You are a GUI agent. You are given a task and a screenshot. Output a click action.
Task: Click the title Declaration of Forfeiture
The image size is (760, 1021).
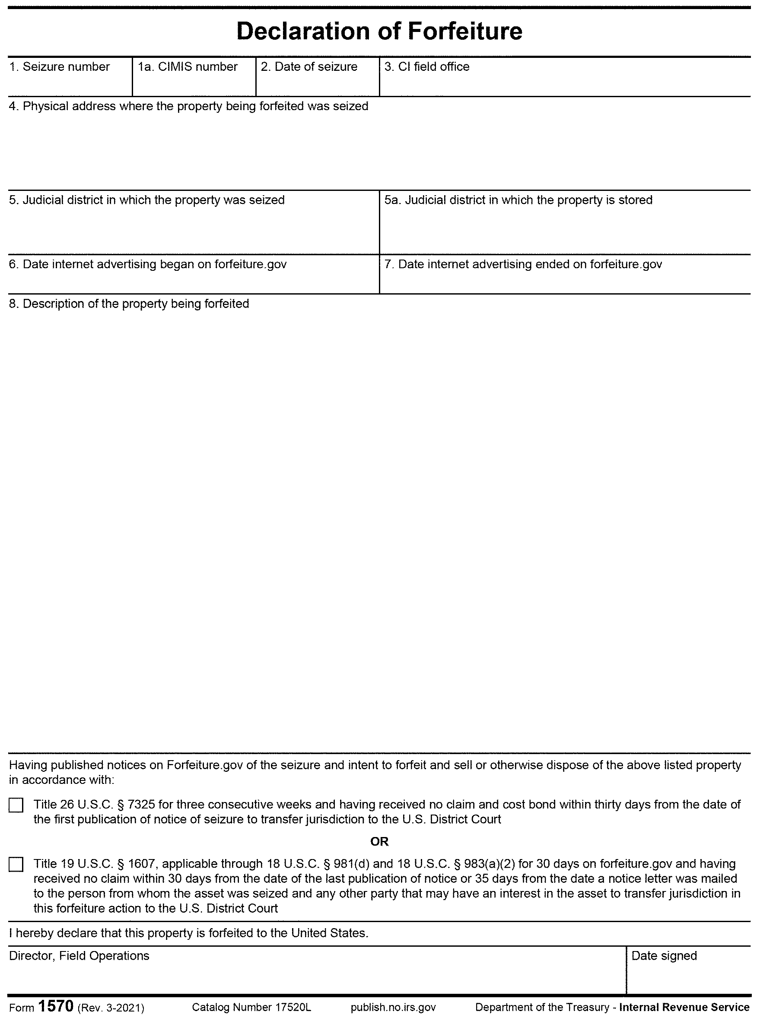[379, 31]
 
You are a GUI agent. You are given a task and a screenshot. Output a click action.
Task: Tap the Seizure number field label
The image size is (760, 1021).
[59, 67]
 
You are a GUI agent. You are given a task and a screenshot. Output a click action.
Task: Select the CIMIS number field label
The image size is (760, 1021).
[188, 67]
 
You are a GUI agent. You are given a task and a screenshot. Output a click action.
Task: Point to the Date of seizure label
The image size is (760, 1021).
[309, 67]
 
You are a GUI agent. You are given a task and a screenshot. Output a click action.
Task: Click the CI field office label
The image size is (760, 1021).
[427, 67]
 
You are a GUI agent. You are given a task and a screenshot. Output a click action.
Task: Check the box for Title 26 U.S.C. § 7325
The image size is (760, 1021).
[16, 806]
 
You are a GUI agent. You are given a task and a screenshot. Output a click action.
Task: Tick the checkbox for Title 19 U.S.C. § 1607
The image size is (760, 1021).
[16, 865]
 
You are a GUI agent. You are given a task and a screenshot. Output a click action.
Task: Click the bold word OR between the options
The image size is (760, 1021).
[379, 842]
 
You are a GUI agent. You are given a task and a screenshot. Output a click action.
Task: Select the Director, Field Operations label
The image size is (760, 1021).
[79, 956]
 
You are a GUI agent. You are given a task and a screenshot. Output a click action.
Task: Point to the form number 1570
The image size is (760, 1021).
[56, 1006]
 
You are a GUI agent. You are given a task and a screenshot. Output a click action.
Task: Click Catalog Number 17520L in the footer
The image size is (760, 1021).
[251, 1007]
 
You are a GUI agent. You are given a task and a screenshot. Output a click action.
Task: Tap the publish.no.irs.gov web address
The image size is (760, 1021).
[393, 1007]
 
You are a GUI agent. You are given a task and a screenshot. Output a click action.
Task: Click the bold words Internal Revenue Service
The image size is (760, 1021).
[684, 1007]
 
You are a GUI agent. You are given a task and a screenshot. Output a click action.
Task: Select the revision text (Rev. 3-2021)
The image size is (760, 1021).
[111, 1008]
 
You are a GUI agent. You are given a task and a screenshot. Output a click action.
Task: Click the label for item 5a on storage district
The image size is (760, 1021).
[518, 200]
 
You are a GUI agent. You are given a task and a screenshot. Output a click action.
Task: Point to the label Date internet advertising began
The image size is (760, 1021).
[148, 264]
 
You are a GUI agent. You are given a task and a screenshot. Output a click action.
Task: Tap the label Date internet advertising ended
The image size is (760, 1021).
[523, 264]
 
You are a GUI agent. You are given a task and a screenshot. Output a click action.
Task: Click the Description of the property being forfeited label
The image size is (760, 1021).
[129, 304]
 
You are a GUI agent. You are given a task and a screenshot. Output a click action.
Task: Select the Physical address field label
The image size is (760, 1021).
[189, 106]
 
